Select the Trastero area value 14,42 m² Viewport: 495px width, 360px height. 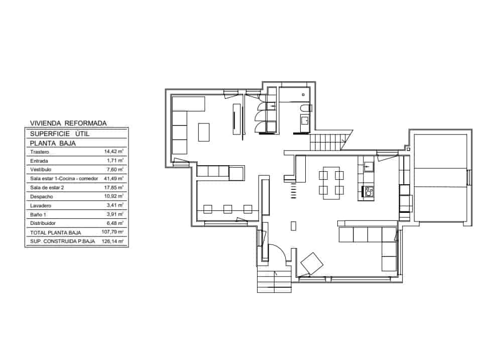tap(113, 151)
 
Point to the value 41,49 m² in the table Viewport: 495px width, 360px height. tap(113, 178)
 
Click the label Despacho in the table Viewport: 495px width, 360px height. tap(42, 196)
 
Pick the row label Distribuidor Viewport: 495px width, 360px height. tap(43, 223)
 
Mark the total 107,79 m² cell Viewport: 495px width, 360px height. tap(113, 232)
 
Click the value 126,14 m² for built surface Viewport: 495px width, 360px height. tap(113, 242)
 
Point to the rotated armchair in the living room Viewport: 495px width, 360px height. tap(312, 264)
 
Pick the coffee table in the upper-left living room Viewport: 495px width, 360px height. tap(204, 133)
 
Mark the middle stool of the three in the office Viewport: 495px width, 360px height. tap(227, 208)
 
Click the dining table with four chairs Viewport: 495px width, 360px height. tap(331, 183)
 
